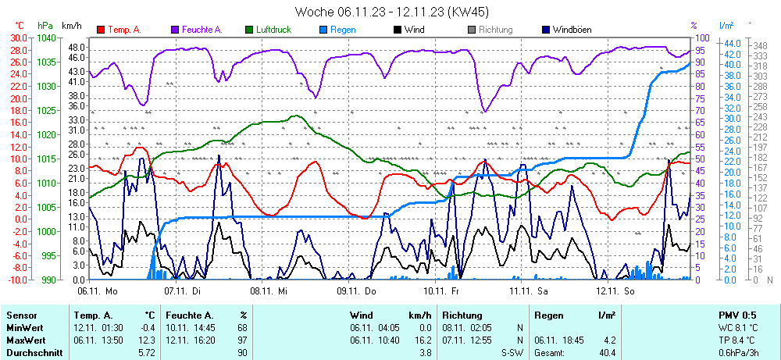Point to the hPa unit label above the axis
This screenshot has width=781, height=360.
point(45,26)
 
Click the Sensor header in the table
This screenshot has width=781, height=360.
point(22,315)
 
